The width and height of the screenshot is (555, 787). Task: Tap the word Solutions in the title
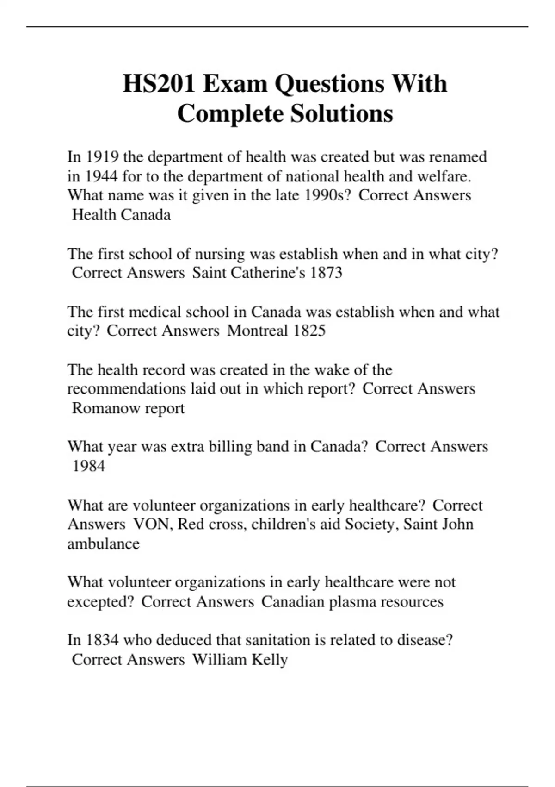tap(341, 113)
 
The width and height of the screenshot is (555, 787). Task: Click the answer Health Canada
tap(122, 215)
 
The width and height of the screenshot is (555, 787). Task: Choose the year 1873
tap(326, 273)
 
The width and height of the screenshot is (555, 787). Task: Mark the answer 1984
tap(88, 466)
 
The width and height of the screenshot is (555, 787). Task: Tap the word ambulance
tap(103, 543)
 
